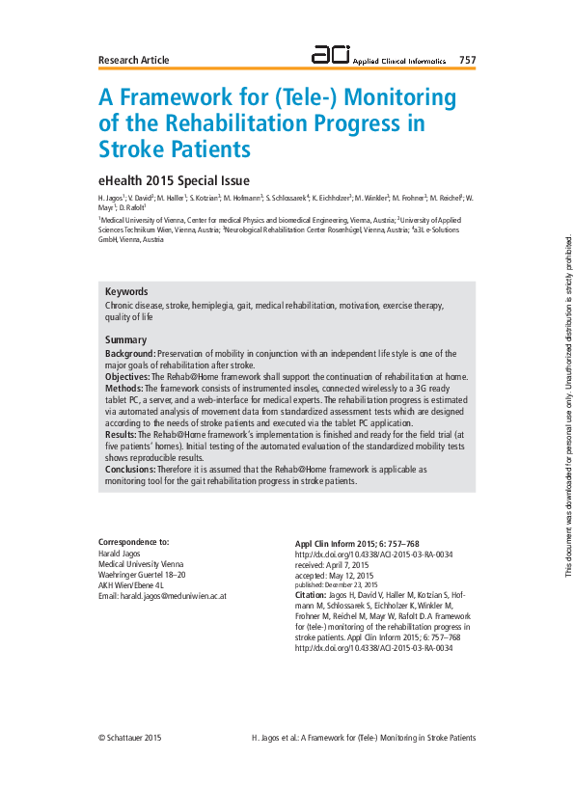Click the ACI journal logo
coord(330,56)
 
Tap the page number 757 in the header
coord(468,60)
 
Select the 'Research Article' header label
coord(133,60)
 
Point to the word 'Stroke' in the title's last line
coord(133,149)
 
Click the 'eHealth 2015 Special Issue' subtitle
coord(174,180)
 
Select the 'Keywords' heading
coord(126,291)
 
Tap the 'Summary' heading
coord(125,340)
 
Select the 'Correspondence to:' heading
coord(134,542)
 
